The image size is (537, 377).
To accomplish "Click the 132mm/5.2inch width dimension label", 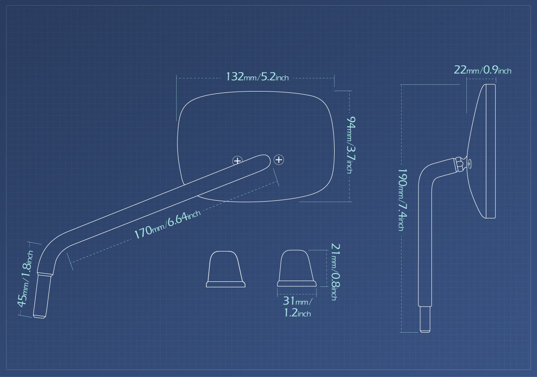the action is (x=257, y=77).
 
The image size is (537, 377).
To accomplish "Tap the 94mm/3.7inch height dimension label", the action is (x=350, y=145).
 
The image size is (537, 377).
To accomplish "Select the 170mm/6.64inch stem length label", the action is (x=167, y=224).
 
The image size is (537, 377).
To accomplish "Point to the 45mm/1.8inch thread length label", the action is (x=25, y=278).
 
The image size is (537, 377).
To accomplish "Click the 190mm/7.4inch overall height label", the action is (x=402, y=199).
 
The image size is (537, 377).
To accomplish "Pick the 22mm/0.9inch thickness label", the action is (x=483, y=70).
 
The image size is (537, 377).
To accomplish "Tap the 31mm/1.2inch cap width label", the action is (x=297, y=307).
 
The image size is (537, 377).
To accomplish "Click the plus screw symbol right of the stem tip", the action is (x=279, y=159).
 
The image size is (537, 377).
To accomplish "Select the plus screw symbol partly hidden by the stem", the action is (x=237, y=160).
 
